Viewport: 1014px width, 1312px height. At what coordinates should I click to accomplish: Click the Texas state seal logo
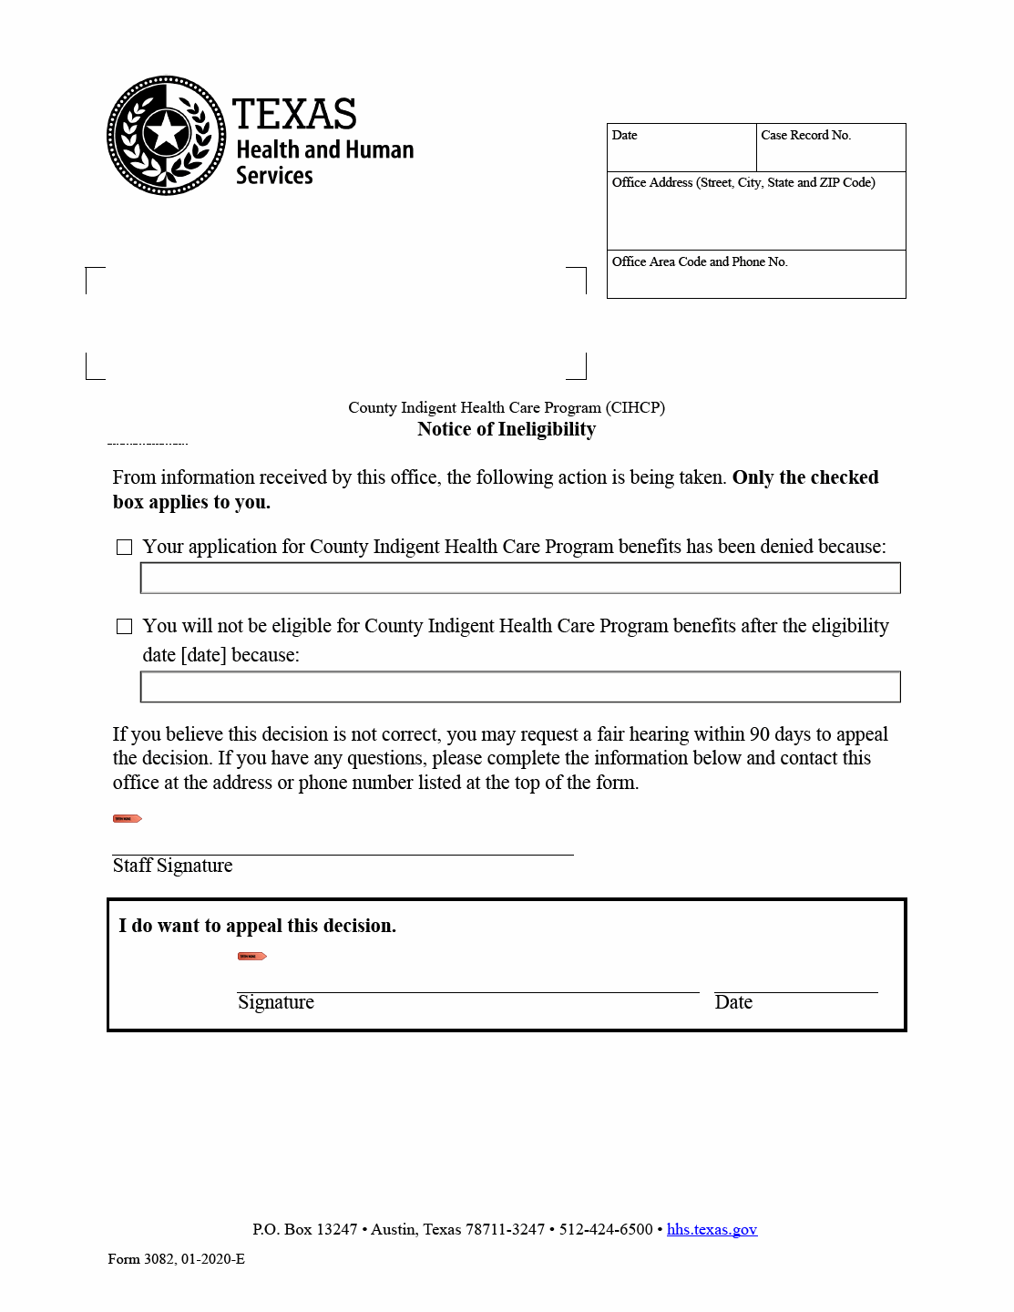(x=166, y=135)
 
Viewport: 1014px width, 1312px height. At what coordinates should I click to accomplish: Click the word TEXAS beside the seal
(x=294, y=115)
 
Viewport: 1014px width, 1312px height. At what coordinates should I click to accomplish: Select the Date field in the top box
(x=681, y=152)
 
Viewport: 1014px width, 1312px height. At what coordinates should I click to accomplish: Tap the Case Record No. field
(x=831, y=152)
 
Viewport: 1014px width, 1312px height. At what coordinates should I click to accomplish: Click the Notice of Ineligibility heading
(x=507, y=429)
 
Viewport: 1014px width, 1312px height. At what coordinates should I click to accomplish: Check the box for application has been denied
(x=125, y=547)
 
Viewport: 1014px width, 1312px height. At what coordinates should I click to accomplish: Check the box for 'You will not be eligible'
(x=125, y=626)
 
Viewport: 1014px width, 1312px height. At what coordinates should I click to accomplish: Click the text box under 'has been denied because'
(x=520, y=578)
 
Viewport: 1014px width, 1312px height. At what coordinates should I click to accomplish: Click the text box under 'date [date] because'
(x=520, y=687)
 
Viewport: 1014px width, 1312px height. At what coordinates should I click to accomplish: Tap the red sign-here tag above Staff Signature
(x=127, y=818)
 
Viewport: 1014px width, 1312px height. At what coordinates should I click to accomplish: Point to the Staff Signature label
(x=172, y=866)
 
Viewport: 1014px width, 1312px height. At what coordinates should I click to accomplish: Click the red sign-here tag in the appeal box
(x=251, y=956)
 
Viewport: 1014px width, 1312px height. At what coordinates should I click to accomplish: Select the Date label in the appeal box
(x=733, y=1002)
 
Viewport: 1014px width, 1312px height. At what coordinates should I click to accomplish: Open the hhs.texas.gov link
(x=712, y=1229)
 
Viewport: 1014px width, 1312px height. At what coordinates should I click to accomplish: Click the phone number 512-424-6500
(x=606, y=1229)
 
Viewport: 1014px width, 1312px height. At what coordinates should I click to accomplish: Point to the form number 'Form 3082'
(x=140, y=1259)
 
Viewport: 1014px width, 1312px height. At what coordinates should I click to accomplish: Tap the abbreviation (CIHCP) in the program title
(x=636, y=407)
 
